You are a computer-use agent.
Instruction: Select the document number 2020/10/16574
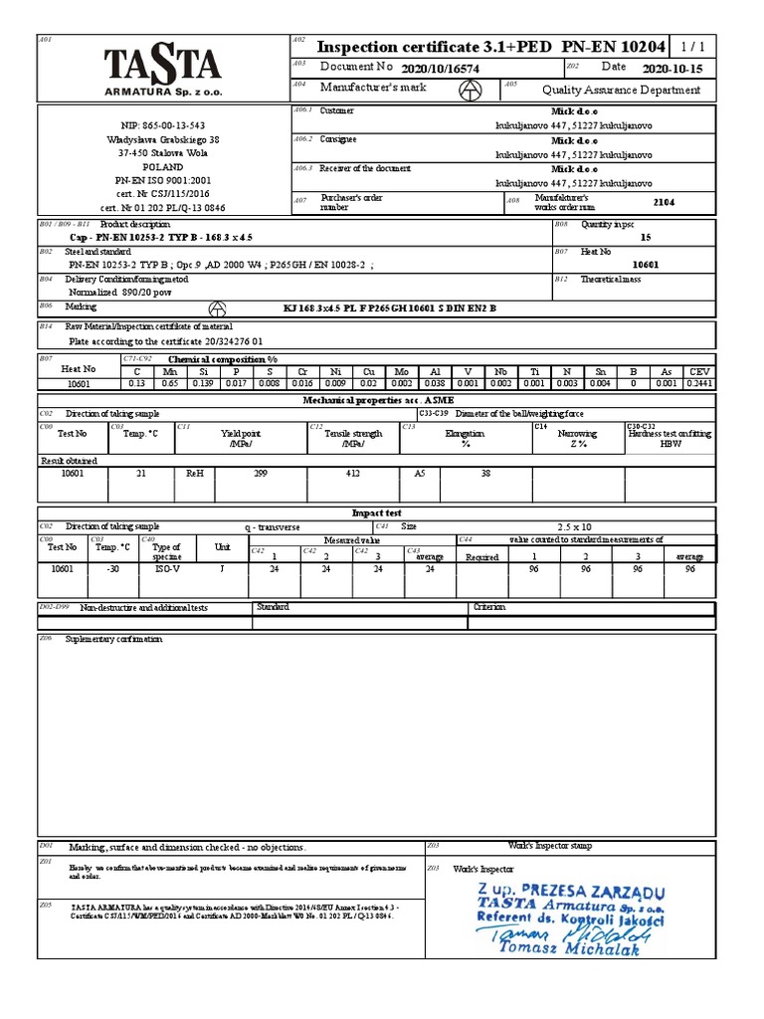click(440, 69)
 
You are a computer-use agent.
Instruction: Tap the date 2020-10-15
click(672, 69)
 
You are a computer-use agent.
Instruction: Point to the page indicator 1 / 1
click(696, 47)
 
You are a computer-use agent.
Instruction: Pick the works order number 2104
click(664, 201)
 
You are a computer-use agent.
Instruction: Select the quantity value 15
click(646, 238)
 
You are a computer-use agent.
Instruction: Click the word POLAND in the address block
click(162, 168)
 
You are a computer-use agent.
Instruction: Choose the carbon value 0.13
click(137, 382)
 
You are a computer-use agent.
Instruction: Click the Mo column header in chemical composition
click(402, 370)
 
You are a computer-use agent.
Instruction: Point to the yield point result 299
click(261, 474)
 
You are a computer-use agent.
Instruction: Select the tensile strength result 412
click(352, 474)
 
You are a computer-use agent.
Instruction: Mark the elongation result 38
click(485, 474)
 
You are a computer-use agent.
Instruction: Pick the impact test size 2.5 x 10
click(574, 526)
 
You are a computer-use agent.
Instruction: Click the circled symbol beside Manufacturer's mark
click(467, 90)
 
